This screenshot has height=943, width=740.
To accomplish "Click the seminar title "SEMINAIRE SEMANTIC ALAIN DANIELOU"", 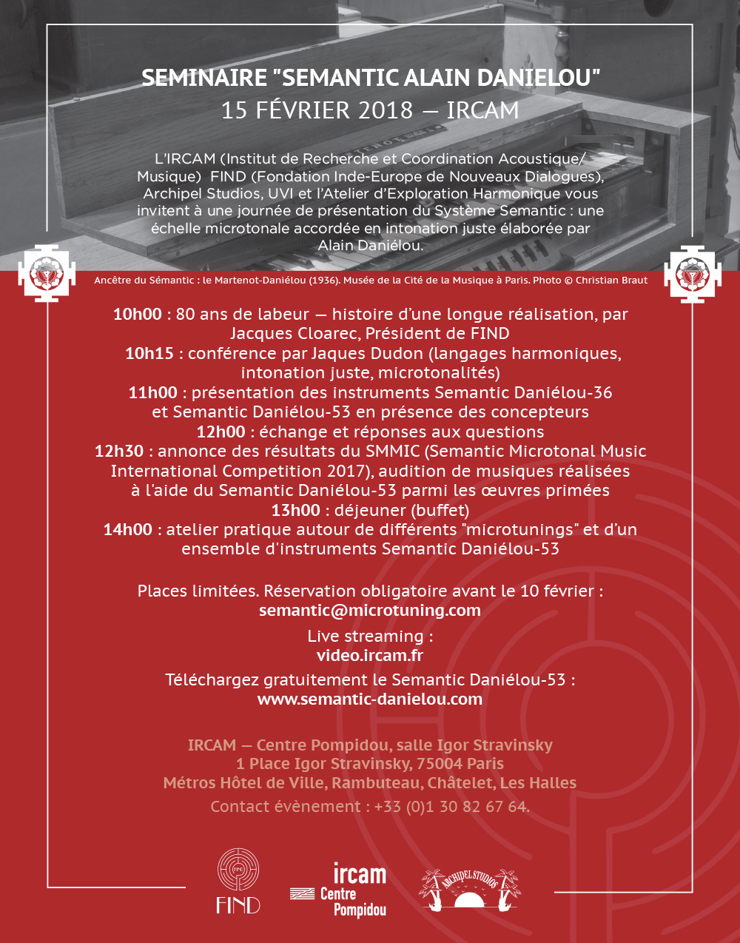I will [x=370, y=78].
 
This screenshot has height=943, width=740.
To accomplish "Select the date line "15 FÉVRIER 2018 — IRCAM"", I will [x=370, y=110].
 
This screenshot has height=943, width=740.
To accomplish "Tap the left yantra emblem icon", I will [x=47, y=274].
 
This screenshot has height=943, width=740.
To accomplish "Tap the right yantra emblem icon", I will [x=693, y=274].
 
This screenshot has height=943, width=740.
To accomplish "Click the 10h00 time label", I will [x=137, y=315].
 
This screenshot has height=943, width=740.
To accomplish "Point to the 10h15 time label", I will [x=149, y=354].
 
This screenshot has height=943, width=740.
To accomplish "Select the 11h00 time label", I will [x=152, y=393].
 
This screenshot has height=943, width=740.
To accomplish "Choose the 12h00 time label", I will [x=221, y=432].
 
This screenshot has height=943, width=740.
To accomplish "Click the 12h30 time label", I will [x=118, y=452].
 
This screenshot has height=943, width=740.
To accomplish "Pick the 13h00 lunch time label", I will [x=295, y=511].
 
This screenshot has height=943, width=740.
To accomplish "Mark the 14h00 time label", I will [x=127, y=530].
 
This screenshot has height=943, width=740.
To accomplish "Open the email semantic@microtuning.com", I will [x=370, y=611].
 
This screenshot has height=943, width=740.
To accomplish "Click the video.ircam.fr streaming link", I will [x=370, y=656].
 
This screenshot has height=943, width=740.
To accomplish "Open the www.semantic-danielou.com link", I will [x=370, y=699].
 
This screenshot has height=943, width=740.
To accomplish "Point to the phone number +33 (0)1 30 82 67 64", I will [x=451, y=807].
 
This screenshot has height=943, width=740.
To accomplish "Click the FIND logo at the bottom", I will [x=238, y=881].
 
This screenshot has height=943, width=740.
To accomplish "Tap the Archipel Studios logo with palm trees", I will [x=470, y=888].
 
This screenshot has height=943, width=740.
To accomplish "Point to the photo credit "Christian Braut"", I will [x=611, y=281].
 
